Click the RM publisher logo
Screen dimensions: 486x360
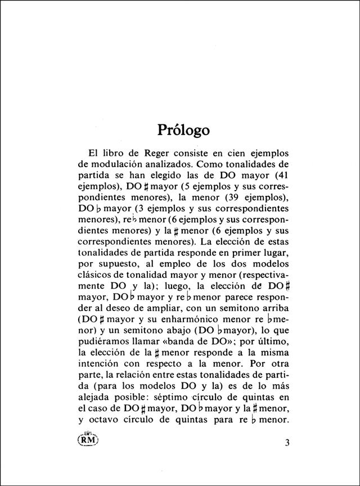[89, 440]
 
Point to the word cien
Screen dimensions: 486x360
[233, 154]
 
